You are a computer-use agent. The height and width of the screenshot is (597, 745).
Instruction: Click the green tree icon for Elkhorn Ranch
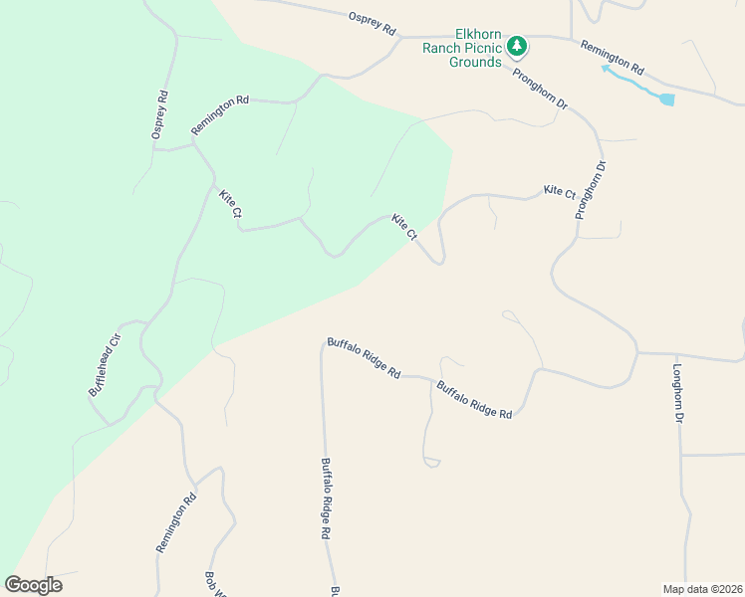pyautogui.click(x=517, y=46)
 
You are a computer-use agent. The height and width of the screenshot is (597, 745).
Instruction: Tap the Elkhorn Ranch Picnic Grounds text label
pyautogui.click(x=461, y=47)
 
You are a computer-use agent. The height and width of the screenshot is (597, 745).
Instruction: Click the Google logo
pyautogui.click(x=34, y=585)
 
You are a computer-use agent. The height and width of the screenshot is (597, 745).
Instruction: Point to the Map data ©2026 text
pyautogui.click(x=702, y=588)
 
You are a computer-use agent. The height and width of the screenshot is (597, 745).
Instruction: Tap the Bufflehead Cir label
pyautogui.click(x=104, y=364)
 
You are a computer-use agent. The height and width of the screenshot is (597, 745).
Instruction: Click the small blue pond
pyautogui.click(x=665, y=99)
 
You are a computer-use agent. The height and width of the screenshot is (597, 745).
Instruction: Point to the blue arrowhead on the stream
pyautogui.click(x=606, y=70)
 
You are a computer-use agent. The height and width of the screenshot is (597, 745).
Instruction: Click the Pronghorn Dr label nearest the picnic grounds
pyautogui.click(x=540, y=89)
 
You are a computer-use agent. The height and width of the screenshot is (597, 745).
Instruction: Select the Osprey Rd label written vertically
pyautogui.click(x=160, y=114)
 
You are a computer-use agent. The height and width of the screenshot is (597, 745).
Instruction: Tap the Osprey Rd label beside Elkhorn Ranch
pyautogui.click(x=372, y=19)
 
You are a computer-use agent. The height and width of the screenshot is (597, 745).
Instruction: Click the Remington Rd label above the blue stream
pyautogui.click(x=613, y=59)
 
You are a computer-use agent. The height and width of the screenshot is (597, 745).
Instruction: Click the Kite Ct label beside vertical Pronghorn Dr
pyautogui.click(x=559, y=191)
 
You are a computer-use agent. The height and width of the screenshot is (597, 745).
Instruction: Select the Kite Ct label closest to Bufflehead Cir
pyautogui.click(x=230, y=204)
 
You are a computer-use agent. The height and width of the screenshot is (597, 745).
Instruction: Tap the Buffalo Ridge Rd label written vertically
pyautogui.click(x=326, y=497)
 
